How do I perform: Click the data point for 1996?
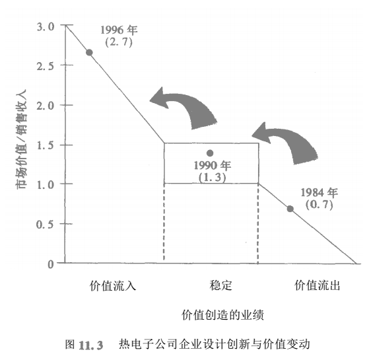click(89, 53)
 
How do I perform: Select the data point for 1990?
click(210, 153)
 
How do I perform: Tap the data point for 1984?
click(290, 209)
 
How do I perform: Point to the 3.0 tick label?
click(46, 26)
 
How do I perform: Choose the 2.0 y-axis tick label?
click(46, 106)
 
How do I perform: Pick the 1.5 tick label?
click(46, 145)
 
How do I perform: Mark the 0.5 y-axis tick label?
click(45, 225)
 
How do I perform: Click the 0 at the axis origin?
click(51, 264)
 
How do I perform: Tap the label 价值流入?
click(113, 285)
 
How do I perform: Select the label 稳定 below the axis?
click(220, 285)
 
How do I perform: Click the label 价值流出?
click(318, 285)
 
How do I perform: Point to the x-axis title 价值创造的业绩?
click(222, 315)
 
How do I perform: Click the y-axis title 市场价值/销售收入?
click(21, 139)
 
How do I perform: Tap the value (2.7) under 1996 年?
click(119, 42)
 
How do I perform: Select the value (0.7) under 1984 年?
click(320, 205)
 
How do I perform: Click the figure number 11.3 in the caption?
click(91, 345)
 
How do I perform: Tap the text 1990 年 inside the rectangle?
click(213, 165)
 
